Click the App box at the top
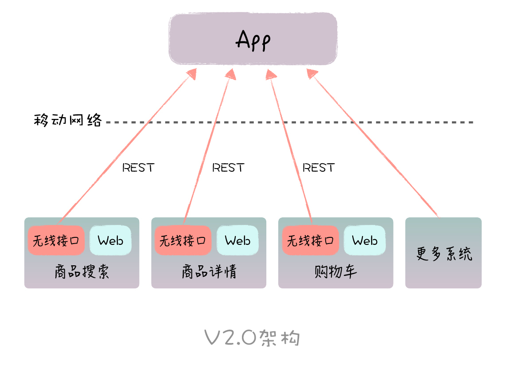coord(253,39)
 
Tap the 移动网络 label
coord(68,120)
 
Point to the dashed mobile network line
coord(288,122)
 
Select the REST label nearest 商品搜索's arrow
coord(138,168)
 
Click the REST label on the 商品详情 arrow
coord(228,168)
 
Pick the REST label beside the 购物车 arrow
coord(319,168)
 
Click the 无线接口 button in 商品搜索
coord(56,240)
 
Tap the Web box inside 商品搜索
coord(110,240)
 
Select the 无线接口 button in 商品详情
coord(183,240)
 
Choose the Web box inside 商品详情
coord(237,240)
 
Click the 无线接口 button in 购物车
coord(310,240)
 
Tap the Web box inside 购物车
coord(365,240)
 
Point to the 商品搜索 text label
coord(82,272)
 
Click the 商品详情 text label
coord(209,272)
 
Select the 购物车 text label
coord(335,272)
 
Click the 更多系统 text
coord(444,254)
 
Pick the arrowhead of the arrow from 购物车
coord(271,74)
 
